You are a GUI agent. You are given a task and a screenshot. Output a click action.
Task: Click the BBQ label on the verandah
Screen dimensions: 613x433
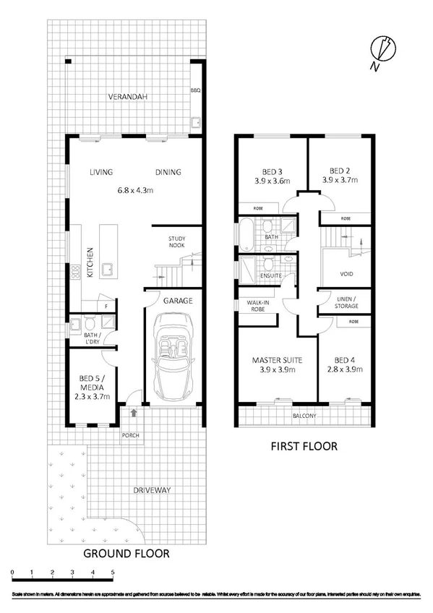tap(194, 90)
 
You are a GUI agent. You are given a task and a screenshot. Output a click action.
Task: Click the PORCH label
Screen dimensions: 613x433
tap(131, 435)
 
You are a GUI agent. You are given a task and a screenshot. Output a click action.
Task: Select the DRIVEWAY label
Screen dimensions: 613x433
tap(152, 490)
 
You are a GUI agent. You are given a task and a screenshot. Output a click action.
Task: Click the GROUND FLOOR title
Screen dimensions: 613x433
tap(127, 554)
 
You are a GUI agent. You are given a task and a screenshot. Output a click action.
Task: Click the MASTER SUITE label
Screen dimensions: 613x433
tap(276, 360)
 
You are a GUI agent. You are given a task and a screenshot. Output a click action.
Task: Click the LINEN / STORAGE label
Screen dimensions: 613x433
tap(344, 302)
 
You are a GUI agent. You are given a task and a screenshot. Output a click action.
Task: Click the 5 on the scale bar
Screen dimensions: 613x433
tap(113, 573)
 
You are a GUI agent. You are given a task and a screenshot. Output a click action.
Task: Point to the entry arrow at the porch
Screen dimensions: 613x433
tap(134, 413)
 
